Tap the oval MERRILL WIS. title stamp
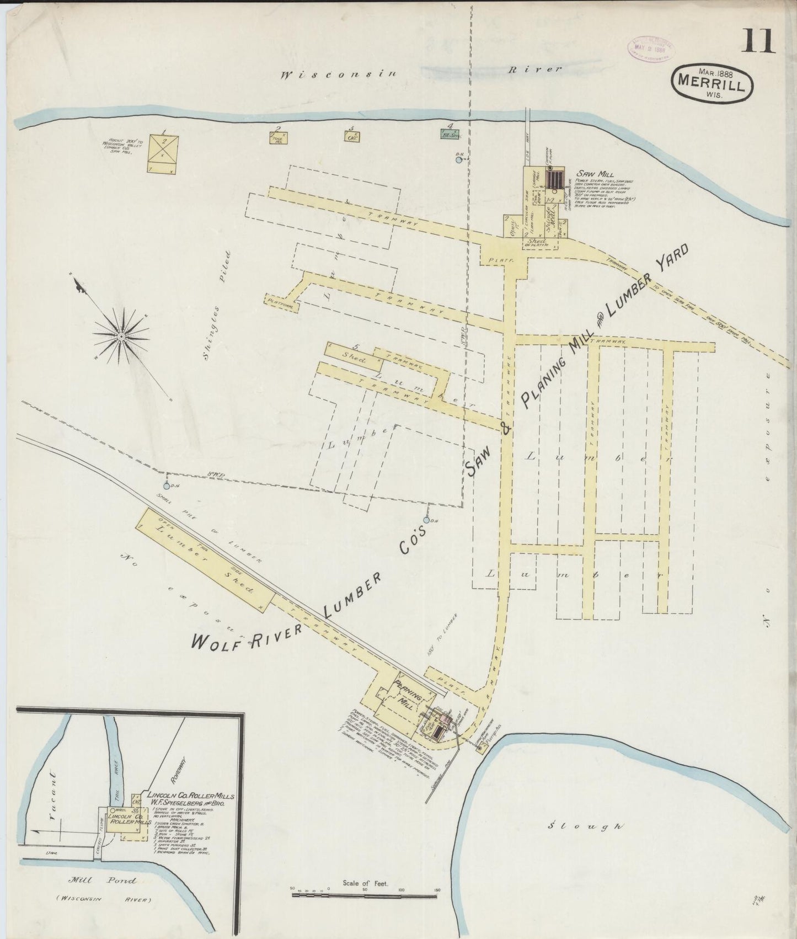712,82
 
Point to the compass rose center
120,335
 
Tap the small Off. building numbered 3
351,136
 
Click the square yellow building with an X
164,150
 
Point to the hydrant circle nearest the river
459,160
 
